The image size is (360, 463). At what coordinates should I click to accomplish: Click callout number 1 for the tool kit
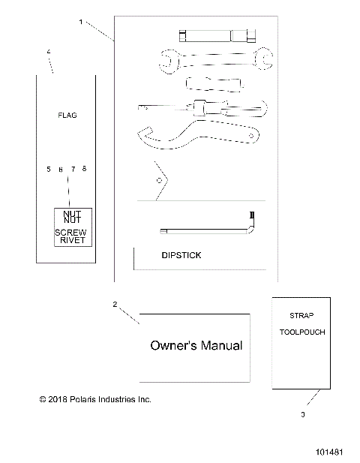pos(80,22)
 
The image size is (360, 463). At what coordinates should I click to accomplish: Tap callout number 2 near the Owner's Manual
pos(115,304)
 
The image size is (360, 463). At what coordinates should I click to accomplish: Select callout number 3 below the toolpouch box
pos(302,414)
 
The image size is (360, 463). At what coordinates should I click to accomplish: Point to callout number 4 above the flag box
pos(49,51)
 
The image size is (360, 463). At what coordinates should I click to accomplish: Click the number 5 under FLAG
pos(49,170)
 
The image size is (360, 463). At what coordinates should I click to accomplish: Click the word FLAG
pos(67,116)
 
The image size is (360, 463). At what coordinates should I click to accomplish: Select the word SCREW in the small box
pos(71,233)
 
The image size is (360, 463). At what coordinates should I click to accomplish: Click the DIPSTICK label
pos(181,255)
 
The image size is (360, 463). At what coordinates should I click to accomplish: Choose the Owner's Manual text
pos(196,346)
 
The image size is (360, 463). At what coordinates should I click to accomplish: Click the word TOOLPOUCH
pos(302,331)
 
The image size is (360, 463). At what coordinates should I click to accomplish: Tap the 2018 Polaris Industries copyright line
pos(95,399)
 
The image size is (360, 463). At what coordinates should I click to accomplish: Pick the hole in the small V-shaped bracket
pos(158,180)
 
